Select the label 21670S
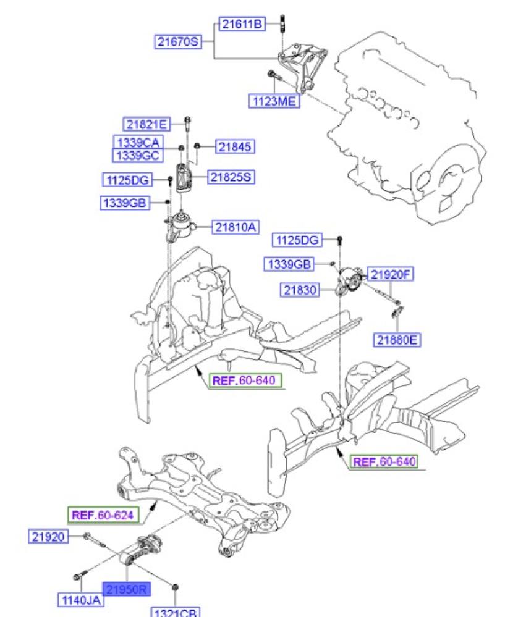(178, 42)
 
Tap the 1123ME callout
(273, 101)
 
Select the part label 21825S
(231, 177)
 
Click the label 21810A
(235, 227)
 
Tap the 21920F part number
(390, 274)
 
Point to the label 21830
(301, 288)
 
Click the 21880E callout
(396, 339)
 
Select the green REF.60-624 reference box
(102, 514)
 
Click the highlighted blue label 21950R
(126, 590)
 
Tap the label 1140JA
(80, 599)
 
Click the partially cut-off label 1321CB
(175, 612)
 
